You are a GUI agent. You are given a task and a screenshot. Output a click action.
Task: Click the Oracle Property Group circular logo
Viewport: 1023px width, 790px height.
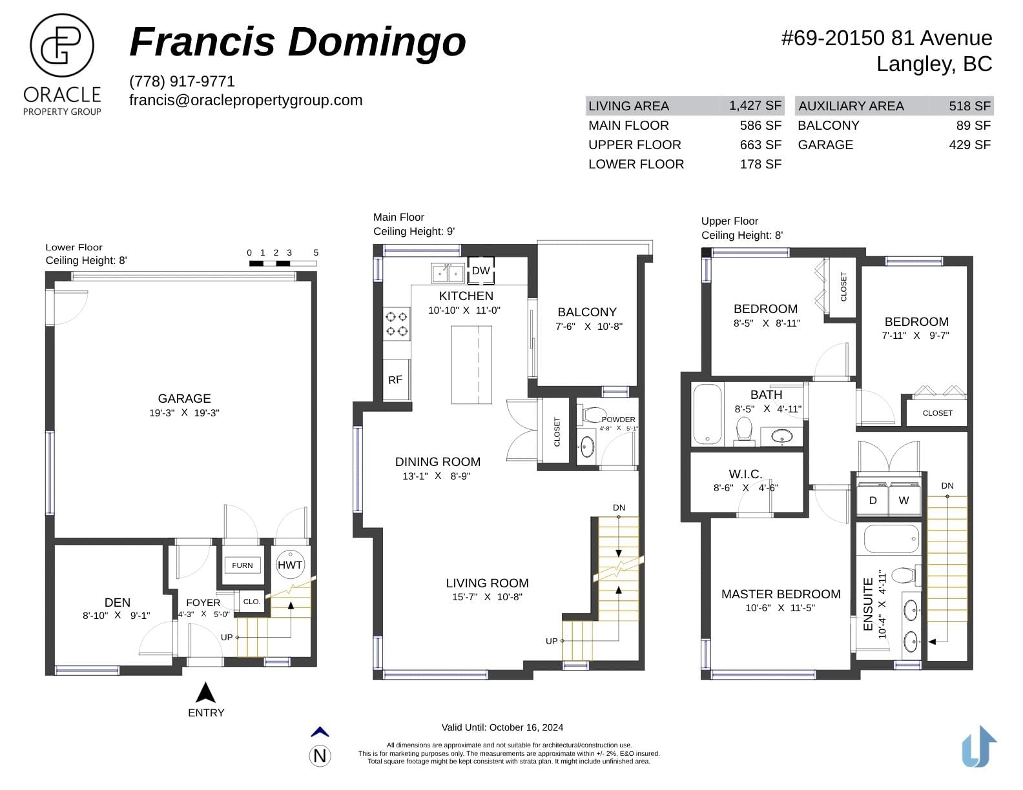coord(61,45)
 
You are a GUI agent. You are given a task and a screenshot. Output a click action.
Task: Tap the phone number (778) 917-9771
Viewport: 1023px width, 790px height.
coord(181,81)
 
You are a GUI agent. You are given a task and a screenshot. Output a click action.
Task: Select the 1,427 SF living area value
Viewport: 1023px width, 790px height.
coord(755,105)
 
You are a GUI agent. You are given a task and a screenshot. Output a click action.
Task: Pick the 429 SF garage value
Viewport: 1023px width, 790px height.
coord(969,145)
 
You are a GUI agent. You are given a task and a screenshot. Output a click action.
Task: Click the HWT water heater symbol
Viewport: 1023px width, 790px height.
coord(289,565)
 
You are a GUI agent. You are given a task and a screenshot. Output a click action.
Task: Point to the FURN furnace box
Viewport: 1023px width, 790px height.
coord(242,565)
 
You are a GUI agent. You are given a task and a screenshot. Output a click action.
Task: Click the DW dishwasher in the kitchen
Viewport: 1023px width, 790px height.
coord(480,270)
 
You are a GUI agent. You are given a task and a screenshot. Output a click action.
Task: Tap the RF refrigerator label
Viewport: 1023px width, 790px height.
coord(395,380)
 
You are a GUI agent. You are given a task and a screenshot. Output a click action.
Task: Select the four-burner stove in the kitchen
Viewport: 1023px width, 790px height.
coord(397,324)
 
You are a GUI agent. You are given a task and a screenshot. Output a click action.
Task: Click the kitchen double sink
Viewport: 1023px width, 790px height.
coord(448,273)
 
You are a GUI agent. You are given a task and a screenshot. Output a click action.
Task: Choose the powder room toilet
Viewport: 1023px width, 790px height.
coord(594,414)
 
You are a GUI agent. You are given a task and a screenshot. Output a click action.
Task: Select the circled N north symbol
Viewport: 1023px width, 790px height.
coord(320,756)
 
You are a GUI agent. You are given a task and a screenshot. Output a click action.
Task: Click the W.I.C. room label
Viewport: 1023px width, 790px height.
coord(745,474)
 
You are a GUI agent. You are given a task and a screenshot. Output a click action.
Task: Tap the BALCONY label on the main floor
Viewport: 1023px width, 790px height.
coord(587,312)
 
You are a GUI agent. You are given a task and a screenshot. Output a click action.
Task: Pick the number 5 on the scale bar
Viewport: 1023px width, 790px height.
coord(316,252)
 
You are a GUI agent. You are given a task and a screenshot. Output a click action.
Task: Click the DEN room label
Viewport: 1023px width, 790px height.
coord(118,602)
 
